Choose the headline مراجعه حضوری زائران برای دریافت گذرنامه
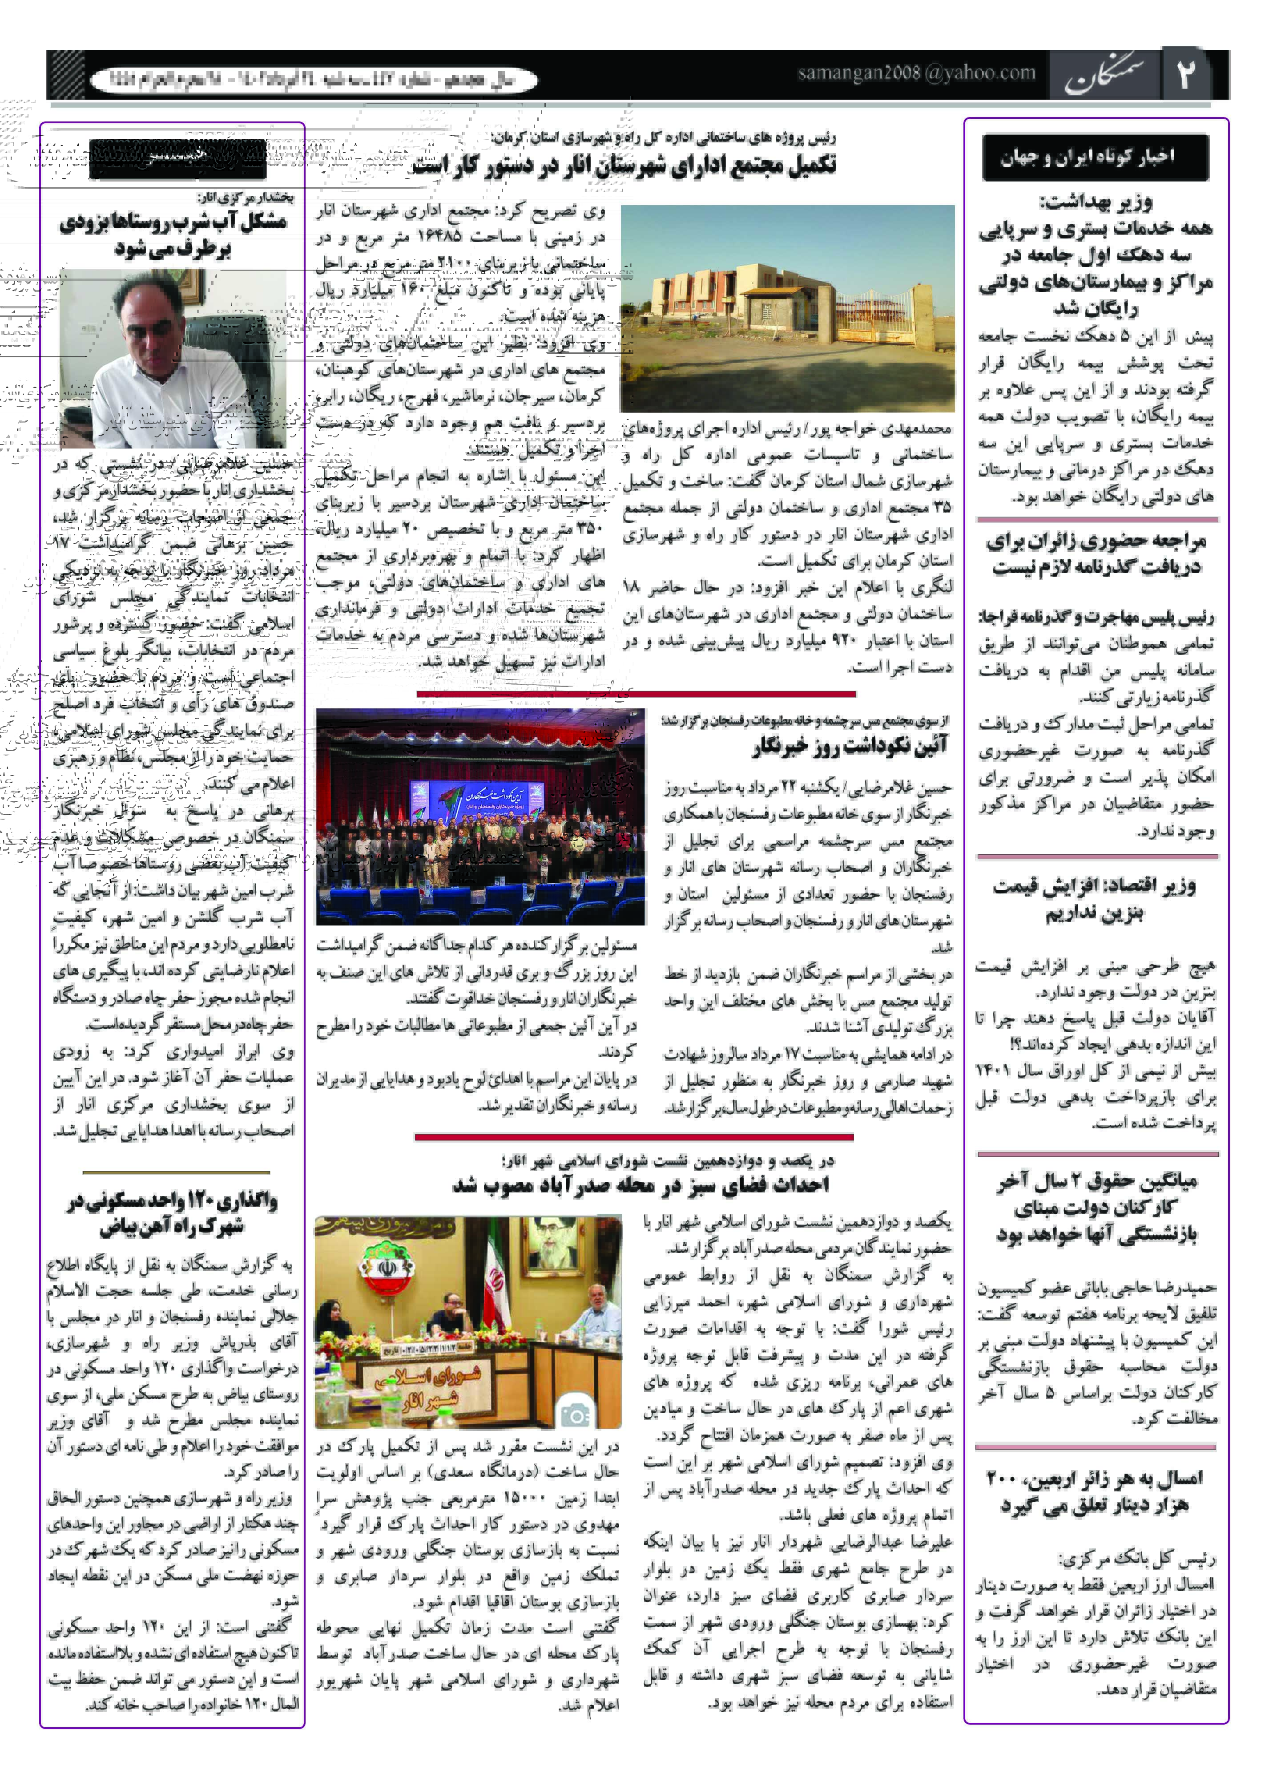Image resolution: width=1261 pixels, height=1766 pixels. tap(1095, 554)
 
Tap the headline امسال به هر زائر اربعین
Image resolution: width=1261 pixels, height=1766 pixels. tap(1095, 1491)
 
